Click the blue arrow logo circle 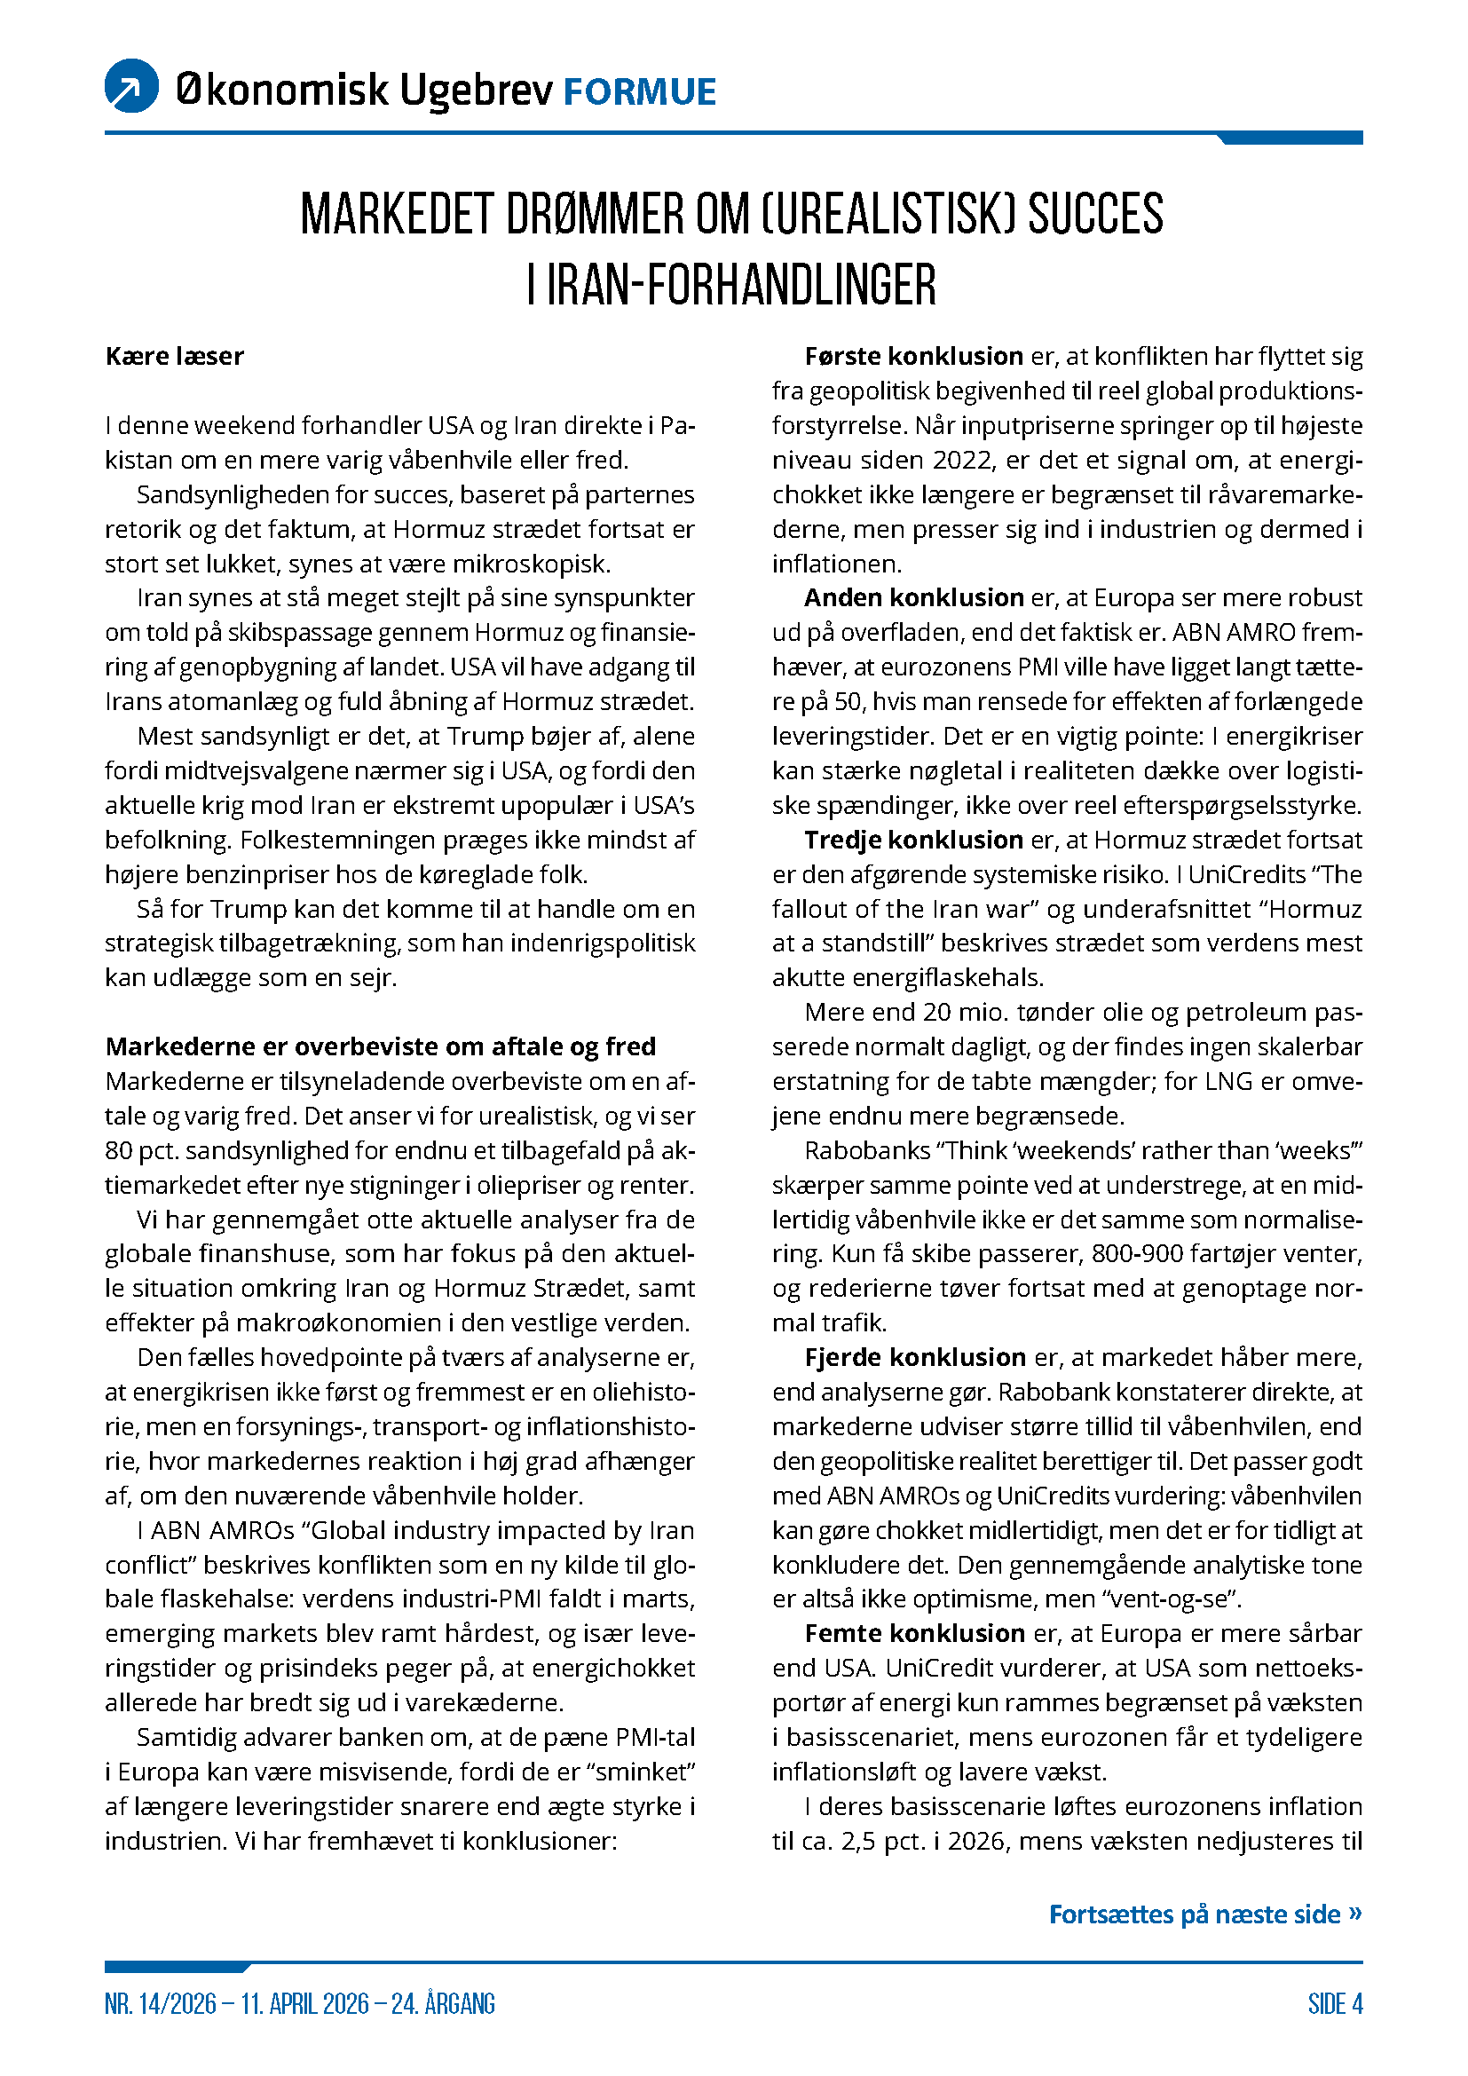[132, 86]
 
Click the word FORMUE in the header [640, 92]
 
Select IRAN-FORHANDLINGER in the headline [741, 285]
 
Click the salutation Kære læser [175, 356]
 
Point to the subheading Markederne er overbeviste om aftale [381, 1046]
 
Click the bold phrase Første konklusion [914, 356]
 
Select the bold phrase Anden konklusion [914, 597]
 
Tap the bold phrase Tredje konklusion [914, 840]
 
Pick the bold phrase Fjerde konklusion [915, 1357]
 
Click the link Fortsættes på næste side [1204, 1914]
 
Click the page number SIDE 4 [1335, 2004]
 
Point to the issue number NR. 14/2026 [161, 2004]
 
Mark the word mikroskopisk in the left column [532, 564]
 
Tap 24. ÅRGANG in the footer [443, 2004]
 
